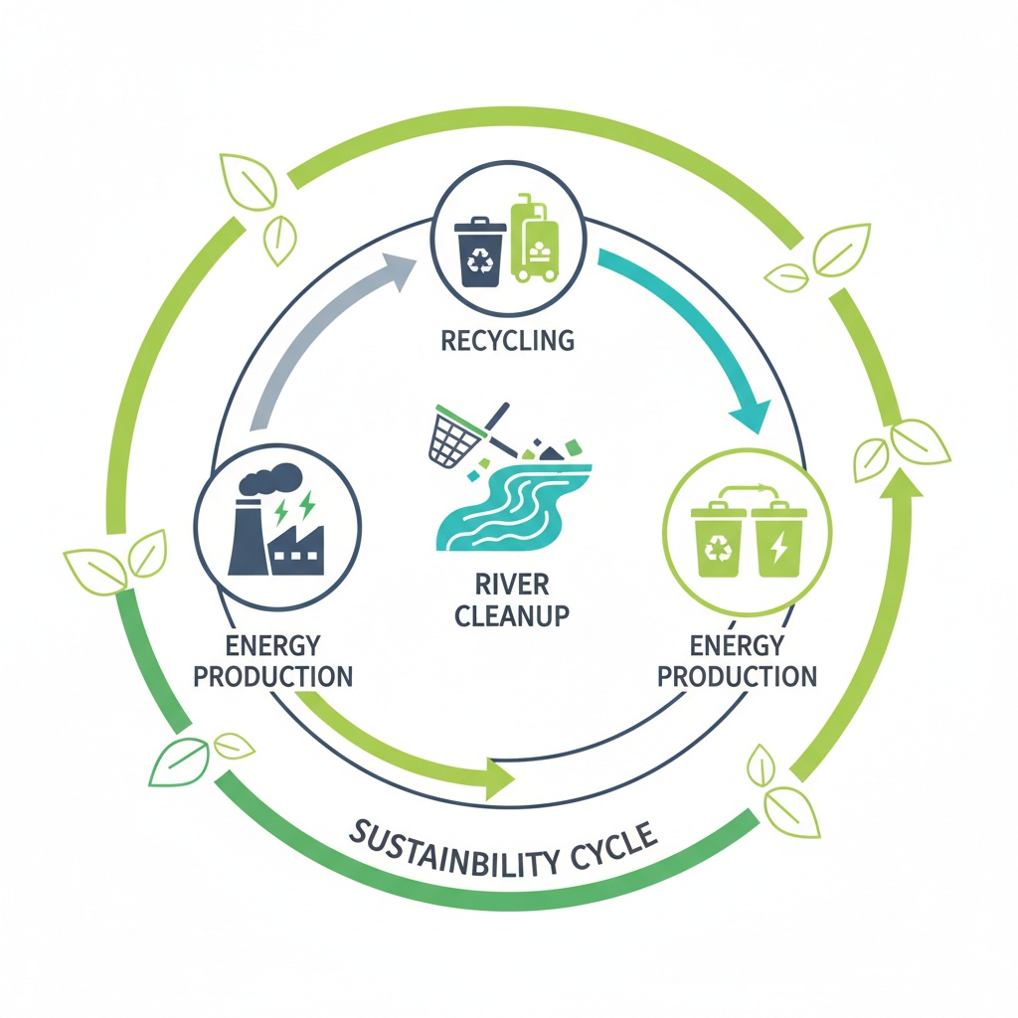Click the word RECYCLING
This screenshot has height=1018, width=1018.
click(508, 340)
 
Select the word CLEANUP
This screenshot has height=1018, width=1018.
click(511, 614)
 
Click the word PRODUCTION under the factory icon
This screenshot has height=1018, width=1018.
click(272, 677)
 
